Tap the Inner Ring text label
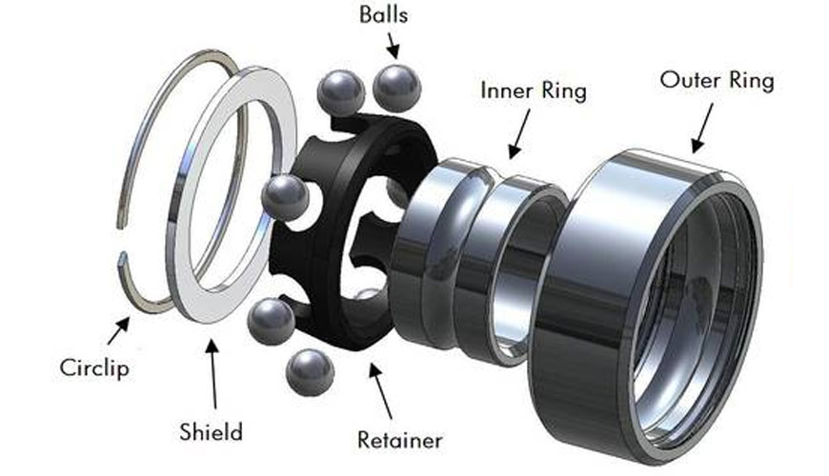pos(533,91)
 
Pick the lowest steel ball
pos(309,369)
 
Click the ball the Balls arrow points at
pos(396,89)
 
